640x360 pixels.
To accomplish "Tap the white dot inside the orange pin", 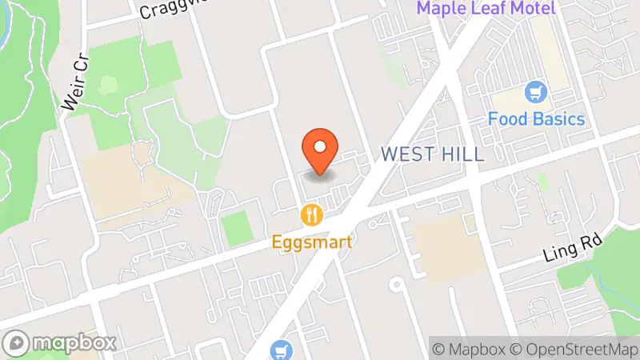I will pos(320,146).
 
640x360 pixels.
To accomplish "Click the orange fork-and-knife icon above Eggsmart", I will pos(311,214).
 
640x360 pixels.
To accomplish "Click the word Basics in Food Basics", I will pos(557,119).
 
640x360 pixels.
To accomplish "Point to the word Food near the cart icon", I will pos(507,119).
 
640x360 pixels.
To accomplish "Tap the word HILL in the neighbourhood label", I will pos(462,154).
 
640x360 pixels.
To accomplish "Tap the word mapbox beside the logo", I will pos(74,342).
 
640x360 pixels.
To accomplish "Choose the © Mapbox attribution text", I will pos(468,349).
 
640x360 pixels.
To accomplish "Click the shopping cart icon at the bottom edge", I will pos(279,350).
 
